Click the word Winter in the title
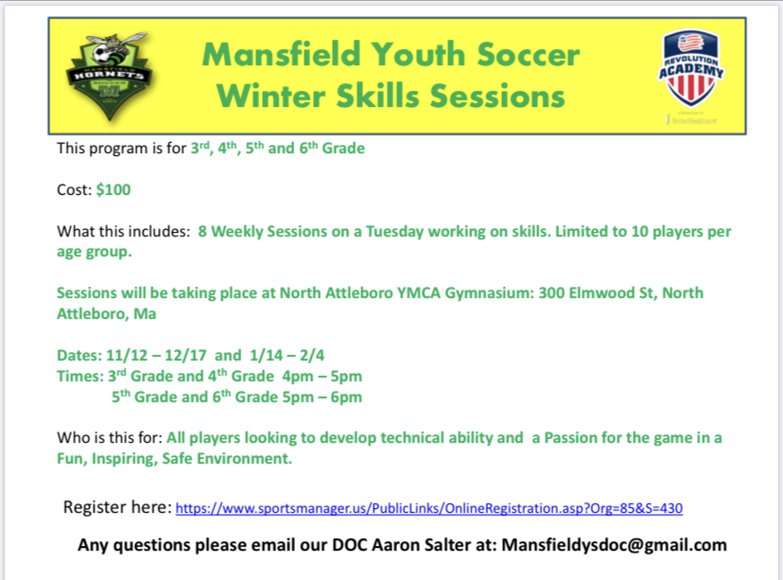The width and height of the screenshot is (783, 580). (271, 96)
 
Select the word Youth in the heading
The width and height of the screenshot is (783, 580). (419, 54)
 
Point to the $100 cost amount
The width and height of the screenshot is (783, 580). (113, 190)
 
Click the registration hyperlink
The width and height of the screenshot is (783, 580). (429, 508)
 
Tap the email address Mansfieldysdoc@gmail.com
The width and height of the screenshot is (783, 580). (614, 545)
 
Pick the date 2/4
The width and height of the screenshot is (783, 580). (312, 355)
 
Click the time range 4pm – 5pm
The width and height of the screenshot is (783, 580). (322, 377)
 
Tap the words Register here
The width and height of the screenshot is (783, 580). (117, 507)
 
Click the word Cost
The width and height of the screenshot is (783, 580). (75, 190)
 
